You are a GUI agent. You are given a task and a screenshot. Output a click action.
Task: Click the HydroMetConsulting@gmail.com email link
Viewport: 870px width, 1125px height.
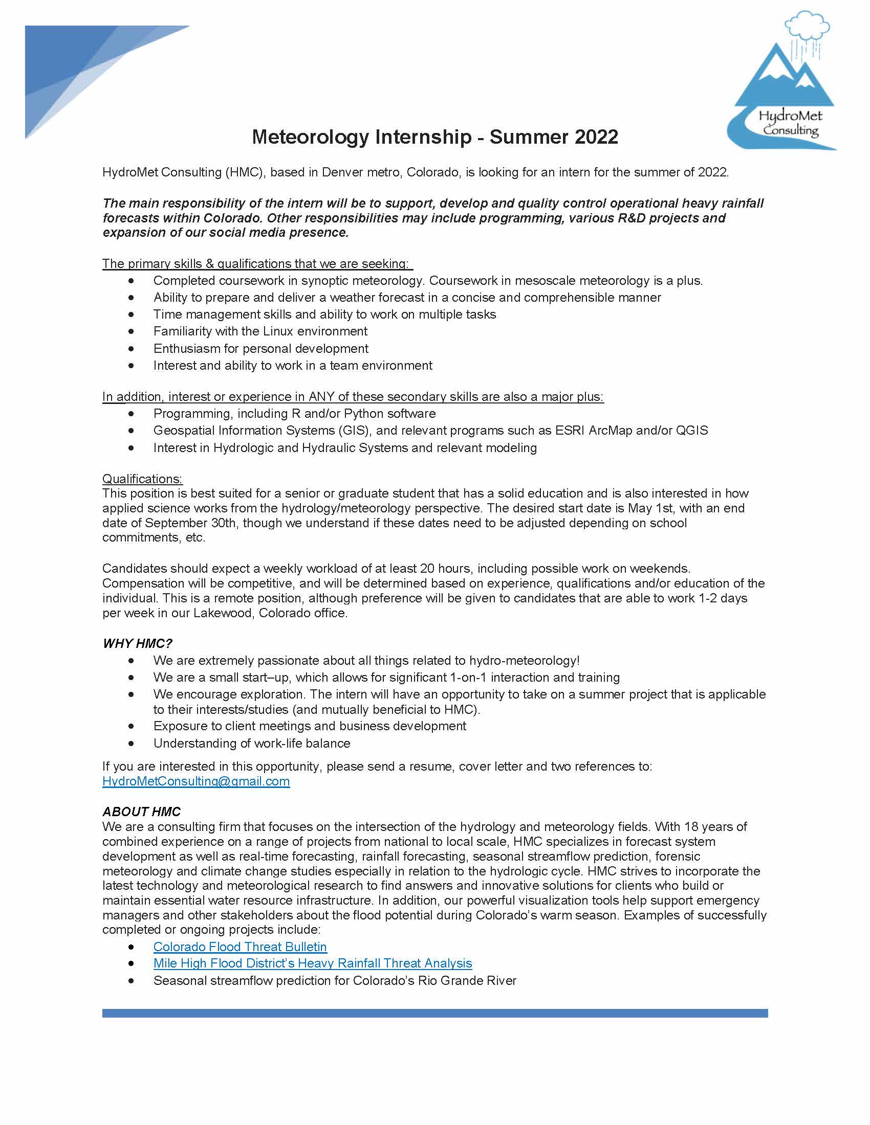(196, 781)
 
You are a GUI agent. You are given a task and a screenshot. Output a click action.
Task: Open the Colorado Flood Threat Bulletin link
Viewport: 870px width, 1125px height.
(240, 947)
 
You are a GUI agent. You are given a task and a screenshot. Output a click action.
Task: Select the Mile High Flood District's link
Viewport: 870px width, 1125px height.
(312, 963)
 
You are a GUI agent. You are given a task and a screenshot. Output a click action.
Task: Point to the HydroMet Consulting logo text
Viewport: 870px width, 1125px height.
(790, 123)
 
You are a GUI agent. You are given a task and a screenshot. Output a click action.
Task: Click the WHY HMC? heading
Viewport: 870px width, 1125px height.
(137, 643)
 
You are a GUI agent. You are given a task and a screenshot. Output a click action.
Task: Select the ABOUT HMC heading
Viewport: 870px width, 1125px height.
(141, 812)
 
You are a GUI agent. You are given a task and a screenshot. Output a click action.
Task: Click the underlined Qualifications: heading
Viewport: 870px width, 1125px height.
(142, 479)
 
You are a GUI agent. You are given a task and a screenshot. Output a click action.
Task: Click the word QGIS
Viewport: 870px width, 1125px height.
(691, 431)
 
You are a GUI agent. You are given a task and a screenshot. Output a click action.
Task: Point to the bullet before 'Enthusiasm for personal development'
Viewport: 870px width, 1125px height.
(132, 349)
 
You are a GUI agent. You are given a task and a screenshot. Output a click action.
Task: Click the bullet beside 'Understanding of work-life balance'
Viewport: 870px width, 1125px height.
(132, 744)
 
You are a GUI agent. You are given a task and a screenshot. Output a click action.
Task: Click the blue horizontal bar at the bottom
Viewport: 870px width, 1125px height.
(434, 1013)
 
